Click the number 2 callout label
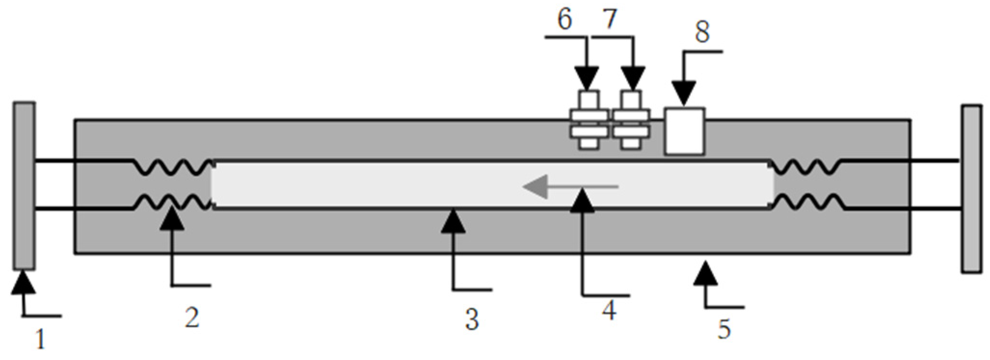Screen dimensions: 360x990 click(x=192, y=319)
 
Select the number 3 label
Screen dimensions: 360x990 click(x=472, y=320)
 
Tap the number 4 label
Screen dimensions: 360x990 click(x=609, y=311)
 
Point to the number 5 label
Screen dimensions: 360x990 click(x=724, y=329)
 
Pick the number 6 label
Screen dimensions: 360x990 click(x=564, y=20)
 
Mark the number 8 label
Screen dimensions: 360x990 click(x=702, y=33)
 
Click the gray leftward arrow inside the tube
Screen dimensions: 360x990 click(x=569, y=187)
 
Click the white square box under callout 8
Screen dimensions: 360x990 click(x=684, y=131)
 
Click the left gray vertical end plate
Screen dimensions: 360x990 click(x=24, y=186)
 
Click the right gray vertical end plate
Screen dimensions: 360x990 click(x=971, y=189)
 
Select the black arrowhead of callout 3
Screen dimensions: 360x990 click(x=453, y=222)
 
